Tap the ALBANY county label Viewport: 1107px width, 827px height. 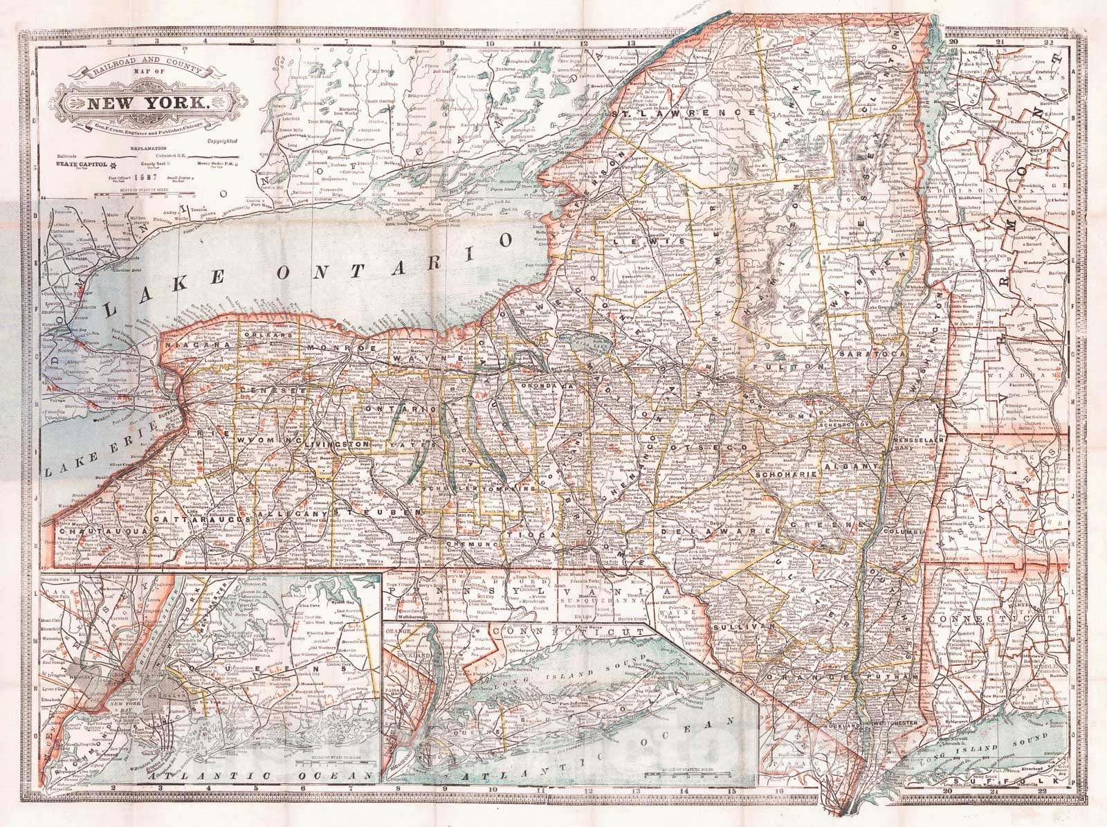click(859, 469)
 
